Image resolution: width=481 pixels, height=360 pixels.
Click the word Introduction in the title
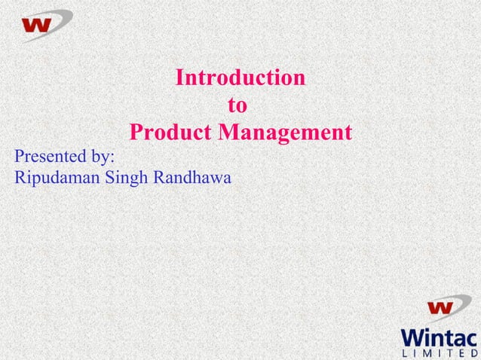(x=240, y=78)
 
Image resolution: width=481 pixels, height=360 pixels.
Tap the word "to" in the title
(x=237, y=105)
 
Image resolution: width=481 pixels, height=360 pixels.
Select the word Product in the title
(x=171, y=133)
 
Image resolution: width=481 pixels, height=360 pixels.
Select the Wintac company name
(x=440, y=336)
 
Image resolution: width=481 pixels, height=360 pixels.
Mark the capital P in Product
(x=136, y=133)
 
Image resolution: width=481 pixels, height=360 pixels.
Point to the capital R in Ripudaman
(x=20, y=178)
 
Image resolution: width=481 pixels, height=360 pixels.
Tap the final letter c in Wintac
(x=472, y=337)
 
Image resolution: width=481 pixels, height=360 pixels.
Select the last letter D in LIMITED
(x=473, y=352)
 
